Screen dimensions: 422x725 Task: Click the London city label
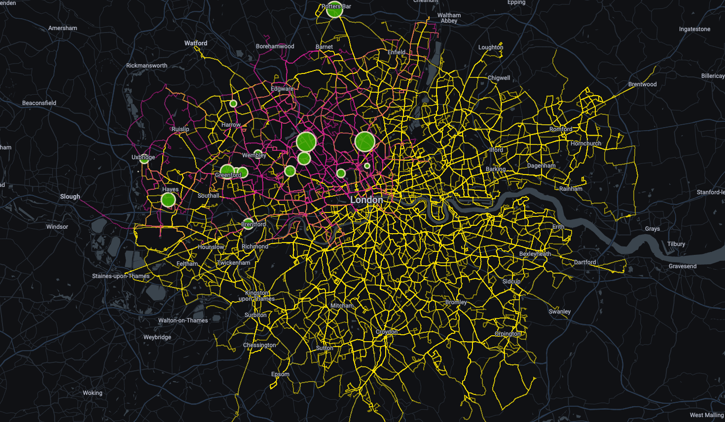366,200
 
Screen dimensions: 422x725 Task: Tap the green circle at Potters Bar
334,10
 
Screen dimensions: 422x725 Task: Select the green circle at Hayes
168,200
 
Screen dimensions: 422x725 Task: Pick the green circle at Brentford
248,223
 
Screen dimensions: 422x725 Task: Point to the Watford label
196,43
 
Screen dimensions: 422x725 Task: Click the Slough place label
70,196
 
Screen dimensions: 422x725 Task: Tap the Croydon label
387,332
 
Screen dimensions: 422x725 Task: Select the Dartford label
585,262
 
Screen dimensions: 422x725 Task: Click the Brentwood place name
642,84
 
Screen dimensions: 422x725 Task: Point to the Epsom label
280,374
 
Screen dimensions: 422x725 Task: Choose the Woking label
93,393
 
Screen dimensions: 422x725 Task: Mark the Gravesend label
683,266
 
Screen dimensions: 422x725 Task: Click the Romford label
561,129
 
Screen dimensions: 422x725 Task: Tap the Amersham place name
63,28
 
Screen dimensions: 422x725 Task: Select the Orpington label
507,334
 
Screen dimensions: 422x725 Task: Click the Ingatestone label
694,29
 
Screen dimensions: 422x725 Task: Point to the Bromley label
456,302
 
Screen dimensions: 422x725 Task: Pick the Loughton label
491,47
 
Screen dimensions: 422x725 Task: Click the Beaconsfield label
39,103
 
